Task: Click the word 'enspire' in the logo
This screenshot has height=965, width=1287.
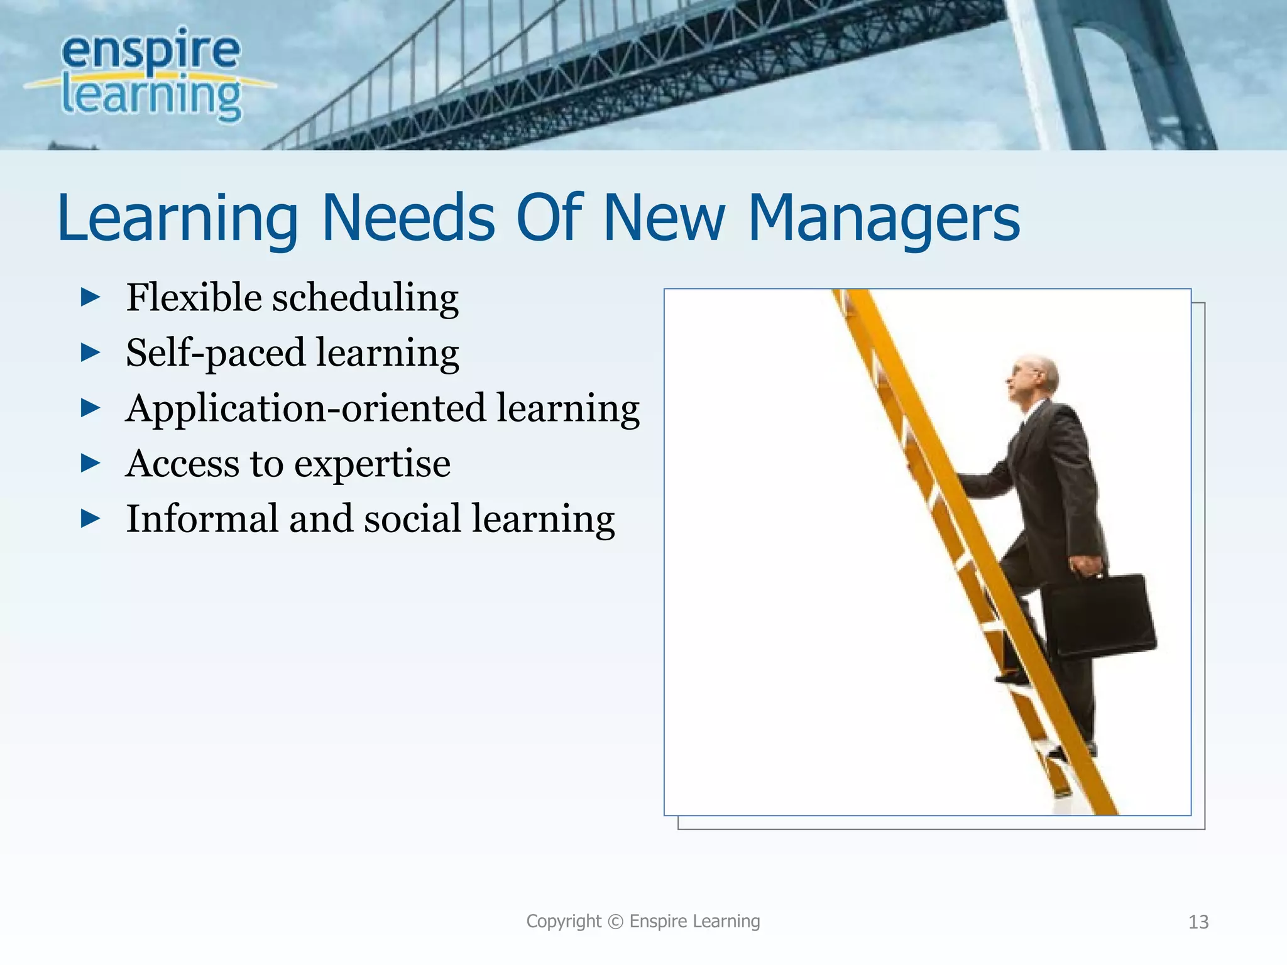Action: click(151, 50)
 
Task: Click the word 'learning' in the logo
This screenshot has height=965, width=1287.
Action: click(151, 97)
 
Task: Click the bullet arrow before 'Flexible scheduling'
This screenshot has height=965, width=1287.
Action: click(90, 297)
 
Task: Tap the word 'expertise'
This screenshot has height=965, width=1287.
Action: click(372, 465)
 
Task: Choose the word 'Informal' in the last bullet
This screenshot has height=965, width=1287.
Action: click(201, 519)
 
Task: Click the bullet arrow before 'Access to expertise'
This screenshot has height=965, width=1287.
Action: click(90, 464)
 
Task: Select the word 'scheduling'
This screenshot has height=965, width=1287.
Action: click(364, 298)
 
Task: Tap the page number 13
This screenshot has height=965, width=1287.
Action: click(1198, 922)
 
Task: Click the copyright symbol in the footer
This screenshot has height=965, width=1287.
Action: click(616, 922)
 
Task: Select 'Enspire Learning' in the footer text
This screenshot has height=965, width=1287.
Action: click(694, 922)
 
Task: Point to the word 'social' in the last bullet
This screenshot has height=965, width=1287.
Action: click(412, 519)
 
